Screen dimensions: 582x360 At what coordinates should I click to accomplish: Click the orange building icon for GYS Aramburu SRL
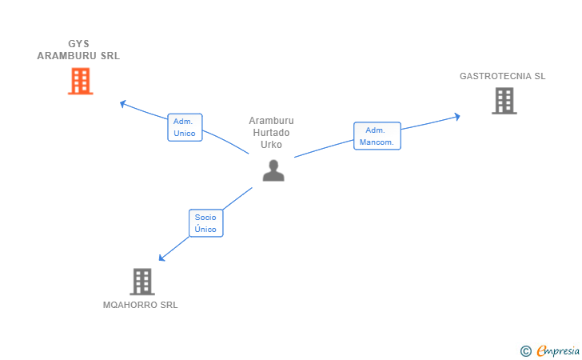80,81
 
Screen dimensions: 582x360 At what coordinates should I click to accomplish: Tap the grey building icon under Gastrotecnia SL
504,101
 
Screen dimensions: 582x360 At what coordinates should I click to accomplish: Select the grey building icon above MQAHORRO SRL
142,282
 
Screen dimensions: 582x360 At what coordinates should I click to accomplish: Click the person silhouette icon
273,170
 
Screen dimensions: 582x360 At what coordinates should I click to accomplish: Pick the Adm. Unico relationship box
185,127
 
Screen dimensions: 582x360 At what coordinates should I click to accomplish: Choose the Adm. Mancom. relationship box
377,136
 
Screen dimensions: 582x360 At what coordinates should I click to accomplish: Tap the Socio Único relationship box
206,223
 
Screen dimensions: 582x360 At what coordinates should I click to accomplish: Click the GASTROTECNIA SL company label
503,76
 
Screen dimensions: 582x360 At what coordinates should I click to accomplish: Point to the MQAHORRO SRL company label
141,305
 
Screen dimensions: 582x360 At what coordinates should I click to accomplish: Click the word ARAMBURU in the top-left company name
67,56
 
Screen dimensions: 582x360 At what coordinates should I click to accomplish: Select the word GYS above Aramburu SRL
78,44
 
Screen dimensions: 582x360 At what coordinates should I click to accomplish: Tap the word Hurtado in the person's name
271,133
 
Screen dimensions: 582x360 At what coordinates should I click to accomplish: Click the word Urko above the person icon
271,145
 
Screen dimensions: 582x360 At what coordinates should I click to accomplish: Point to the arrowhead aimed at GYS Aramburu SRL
123,104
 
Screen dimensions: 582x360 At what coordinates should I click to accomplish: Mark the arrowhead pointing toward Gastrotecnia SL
457,117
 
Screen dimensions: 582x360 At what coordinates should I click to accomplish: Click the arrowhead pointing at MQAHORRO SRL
161,258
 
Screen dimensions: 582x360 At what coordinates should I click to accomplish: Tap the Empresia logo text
558,350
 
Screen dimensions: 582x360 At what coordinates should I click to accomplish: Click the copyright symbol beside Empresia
525,351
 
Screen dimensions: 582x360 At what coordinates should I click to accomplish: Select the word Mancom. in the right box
377,142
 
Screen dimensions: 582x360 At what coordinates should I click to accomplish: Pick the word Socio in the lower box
205,218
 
